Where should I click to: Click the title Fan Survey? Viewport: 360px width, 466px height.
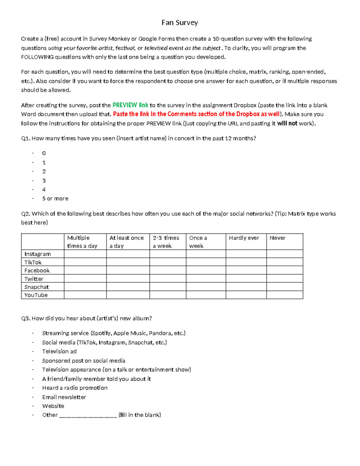pyautogui.click(x=180, y=23)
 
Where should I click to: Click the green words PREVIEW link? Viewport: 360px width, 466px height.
pyautogui.click(x=130, y=105)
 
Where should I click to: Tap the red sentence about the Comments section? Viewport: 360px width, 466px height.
pyautogui.click(x=196, y=114)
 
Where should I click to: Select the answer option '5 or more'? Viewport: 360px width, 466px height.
pyautogui.click(x=55, y=199)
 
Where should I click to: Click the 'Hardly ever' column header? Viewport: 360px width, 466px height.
pyautogui.click(x=244, y=238)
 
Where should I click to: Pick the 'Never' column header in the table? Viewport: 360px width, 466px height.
pyautogui.click(x=277, y=238)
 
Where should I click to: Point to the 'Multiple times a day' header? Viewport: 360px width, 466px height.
pyautogui.click(x=82, y=242)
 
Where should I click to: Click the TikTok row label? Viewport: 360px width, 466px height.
pyautogui.click(x=33, y=262)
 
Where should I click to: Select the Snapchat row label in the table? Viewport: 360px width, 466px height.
pyautogui.click(x=37, y=287)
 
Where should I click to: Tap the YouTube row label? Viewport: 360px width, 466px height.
pyautogui.click(x=36, y=295)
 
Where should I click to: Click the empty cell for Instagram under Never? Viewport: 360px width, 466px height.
pyautogui.click(x=284, y=254)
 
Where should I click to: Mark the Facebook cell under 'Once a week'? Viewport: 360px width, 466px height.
pyautogui.click(x=206, y=270)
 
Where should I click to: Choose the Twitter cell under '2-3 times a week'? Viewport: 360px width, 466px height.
pyautogui.click(x=168, y=279)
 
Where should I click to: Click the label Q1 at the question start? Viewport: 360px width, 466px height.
pyautogui.click(x=25, y=138)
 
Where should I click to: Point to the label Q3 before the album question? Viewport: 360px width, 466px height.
pyautogui.click(x=25, y=318)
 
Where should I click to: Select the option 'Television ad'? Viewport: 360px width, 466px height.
pyautogui.click(x=59, y=351)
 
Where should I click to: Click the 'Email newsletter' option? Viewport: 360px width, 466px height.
pyautogui.click(x=64, y=397)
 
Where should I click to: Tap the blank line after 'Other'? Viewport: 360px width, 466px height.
pyautogui.click(x=88, y=416)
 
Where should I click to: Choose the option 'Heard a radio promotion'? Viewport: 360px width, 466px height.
pyautogui.click(x=75, y=388)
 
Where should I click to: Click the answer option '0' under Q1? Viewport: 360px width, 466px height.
pyautogui.click(x=44, y=153)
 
